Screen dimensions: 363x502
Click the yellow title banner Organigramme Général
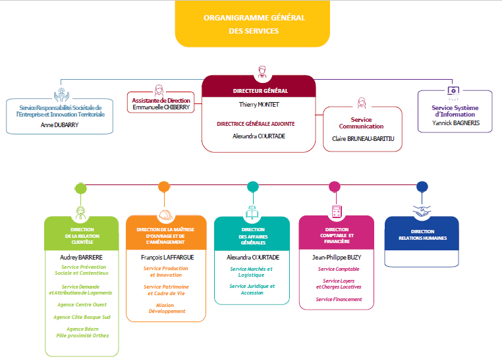tap(252, 24)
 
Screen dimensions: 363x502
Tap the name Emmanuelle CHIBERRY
tap(161, 107)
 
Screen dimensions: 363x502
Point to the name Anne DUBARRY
tap(59, 125)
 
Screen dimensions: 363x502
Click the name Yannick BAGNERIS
tap(455, 122)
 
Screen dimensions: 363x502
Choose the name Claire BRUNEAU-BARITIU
tap(362, 139)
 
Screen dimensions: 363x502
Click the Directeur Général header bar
tap(259, 90)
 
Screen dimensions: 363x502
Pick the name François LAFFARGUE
tap(165, 257)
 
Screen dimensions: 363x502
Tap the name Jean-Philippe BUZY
tap(336, 257)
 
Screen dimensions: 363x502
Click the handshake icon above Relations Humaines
tap(422, 210)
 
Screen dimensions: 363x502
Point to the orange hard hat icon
tap(165, 215)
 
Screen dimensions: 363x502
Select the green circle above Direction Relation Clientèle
tap(81, 188)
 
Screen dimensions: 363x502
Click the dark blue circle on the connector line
tap(422, 186)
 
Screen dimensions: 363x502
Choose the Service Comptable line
tap(339, 269)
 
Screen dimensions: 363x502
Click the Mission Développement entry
tap(166, 308)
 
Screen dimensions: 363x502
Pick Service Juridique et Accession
tap(252, 289)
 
